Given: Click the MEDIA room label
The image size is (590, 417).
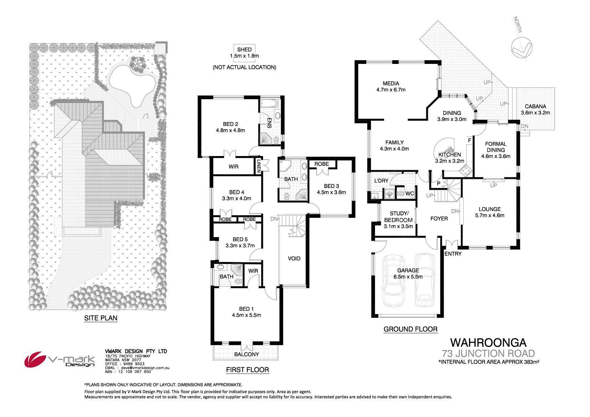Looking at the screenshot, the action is pos(391,83).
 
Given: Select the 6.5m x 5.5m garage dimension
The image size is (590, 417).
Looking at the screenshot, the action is pos(408,277).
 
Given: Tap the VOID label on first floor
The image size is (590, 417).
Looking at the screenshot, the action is pos(294,258).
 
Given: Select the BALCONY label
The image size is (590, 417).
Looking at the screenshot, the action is pos(247,354).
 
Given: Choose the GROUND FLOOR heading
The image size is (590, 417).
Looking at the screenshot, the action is pos(410,329).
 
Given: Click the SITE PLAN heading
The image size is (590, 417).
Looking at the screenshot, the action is pos(101,318).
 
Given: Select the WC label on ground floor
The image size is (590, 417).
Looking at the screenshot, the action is pos(410,194).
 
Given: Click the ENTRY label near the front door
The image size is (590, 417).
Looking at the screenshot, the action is pos(453,254).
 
